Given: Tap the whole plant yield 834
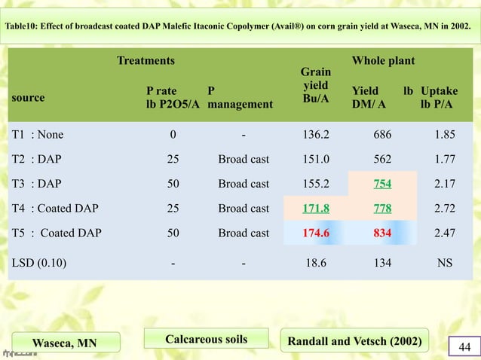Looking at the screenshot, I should pyautogui.click(x=382, y=233).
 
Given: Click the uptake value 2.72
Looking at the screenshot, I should pyautogui.click(x=446, y=208).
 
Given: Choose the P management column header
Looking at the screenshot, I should pyautogui.click(x=240, y=98).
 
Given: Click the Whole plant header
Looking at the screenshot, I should pyautogui.click(x=383, y=60).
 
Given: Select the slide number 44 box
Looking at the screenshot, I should pyautogui.click(x=462, y=346).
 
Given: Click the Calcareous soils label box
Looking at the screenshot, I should pyautogui.click(x=206, y=340).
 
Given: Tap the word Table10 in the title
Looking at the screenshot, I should pyautogui.click(x=23, y=27).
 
